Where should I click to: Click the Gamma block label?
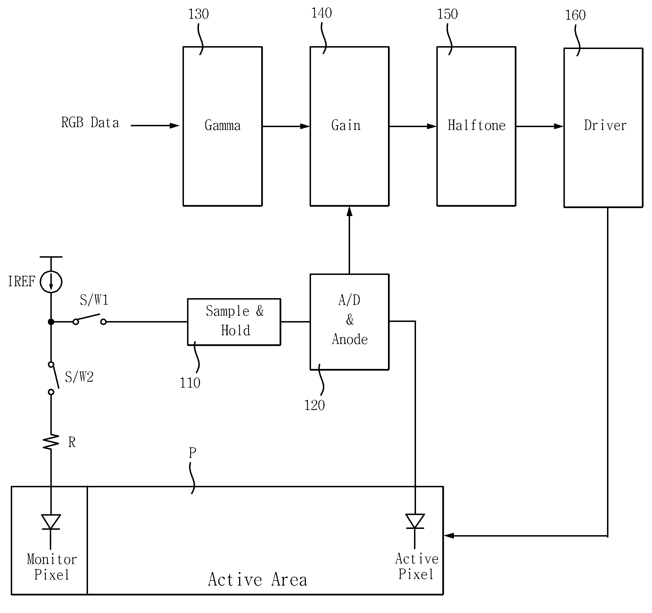(223, 126)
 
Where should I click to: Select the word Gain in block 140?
(346, 125)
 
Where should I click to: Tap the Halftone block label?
(477, 125)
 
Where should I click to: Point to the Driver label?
(605, 125)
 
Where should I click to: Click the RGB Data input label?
(90, 122)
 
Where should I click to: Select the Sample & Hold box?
(234, 322)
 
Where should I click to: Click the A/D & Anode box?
(349, 322)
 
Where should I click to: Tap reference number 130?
(198, 14)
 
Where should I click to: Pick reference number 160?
(575, 15)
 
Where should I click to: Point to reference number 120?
(314, 405)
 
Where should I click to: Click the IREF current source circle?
(51, 281)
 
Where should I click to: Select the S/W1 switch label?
(94, 300)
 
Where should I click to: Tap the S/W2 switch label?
(79, 377)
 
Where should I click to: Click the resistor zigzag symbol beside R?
(51, 442)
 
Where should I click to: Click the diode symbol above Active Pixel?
(415, 522)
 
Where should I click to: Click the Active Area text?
(258, 579)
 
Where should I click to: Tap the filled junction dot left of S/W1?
(51, 322)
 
